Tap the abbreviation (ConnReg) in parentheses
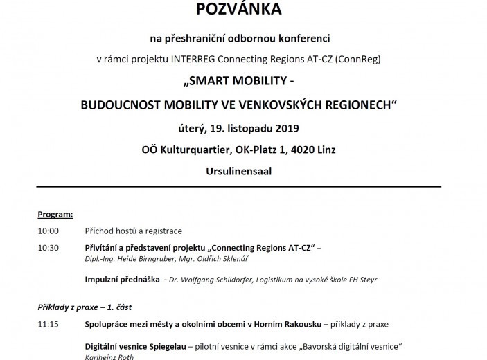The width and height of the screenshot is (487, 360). pyautogui.click(x=357, y=59)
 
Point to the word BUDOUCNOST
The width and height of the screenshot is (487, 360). pyautogui.click(x=116, y=105)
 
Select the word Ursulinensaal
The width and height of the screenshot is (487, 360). pyautogui.click(x=238, y=170)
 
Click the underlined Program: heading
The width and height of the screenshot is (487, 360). pyautogui.click(x=55, y=215)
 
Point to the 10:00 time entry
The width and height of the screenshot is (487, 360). pyautogui.click(x=48, y=231)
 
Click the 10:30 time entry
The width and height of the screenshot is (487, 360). pyautogui.click(x=48, y=249)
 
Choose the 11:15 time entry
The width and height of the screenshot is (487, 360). pyautogui.click(x=48, y=323)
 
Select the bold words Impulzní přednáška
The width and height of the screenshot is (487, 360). pyautogui.click(x=121, y=279)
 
